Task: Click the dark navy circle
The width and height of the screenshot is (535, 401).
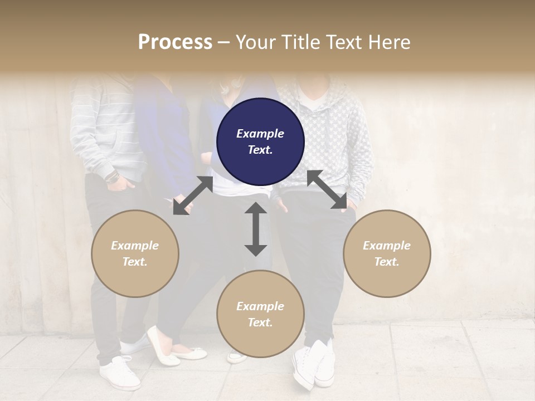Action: (260, 141)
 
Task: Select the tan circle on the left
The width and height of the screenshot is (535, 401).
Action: (135, 253)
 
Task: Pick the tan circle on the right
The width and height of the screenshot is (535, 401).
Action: (387, 253)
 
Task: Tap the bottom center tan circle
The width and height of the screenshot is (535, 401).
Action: (260, 314)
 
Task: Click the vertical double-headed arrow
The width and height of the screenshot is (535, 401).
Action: (256, 229)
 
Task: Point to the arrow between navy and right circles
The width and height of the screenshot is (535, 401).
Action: (327, 189)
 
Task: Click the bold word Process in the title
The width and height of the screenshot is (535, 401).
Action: (175, 42)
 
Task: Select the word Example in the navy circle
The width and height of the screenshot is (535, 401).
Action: (260, 134)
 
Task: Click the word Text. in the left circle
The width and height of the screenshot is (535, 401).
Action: (135, 262)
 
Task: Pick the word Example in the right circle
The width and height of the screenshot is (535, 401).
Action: (387, 246)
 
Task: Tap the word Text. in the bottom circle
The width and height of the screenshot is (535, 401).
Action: (260, 322)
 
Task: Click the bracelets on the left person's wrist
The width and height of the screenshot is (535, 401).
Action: (113, 177)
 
